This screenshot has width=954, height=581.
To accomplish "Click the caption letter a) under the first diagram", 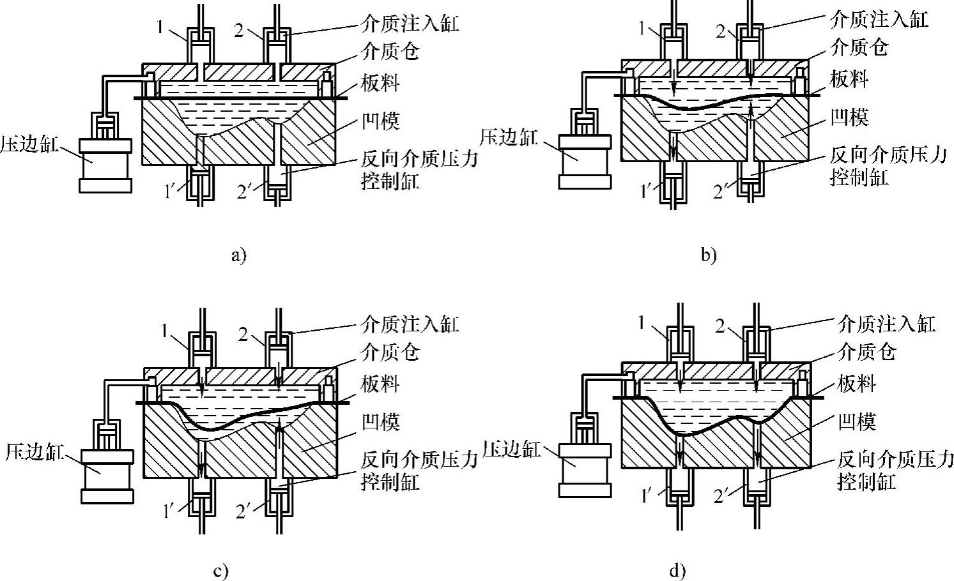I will click(x=238, y=256).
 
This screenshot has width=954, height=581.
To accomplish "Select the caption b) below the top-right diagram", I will click(x=709, y=256).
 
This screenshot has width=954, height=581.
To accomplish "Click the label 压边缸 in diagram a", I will click(x=29, y=145).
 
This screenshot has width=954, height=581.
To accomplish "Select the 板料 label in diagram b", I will click(x=849, y=79).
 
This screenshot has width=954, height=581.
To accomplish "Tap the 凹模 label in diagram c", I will click(x=381, y=421).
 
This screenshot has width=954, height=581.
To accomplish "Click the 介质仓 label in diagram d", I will click(x=866, y=351).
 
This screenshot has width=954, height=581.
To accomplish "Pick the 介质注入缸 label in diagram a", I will click(x=410, y=24).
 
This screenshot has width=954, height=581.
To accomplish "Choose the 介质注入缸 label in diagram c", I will click(x=410, y=325).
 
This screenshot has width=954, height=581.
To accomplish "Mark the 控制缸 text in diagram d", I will click(x=866, y=482).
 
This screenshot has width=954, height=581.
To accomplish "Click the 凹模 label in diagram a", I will click(x=381, y=119).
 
